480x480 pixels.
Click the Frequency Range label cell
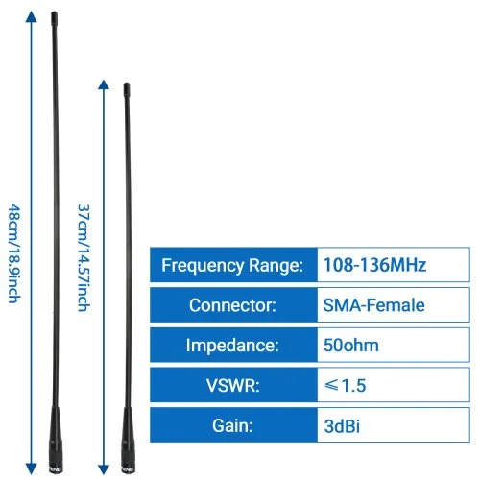tap(233, 265)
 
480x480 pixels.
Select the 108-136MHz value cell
tap(394, 265)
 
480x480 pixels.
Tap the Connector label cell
tap(233, 304)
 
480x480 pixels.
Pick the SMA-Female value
tap(373, 305)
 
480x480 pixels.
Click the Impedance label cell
tap(233, 345)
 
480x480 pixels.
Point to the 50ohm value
tap(351, 346)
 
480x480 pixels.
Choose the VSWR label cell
tap(233, 385)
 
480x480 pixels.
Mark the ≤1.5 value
tap(345, 385)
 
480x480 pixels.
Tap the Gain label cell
tap(233, 425)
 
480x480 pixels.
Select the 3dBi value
tap(342, 426)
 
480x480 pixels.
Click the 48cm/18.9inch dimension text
tap(14, 253)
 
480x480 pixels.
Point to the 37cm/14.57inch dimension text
tap(84, 258)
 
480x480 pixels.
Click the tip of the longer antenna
tap(54, 12)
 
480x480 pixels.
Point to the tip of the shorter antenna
tap(127, 84)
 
